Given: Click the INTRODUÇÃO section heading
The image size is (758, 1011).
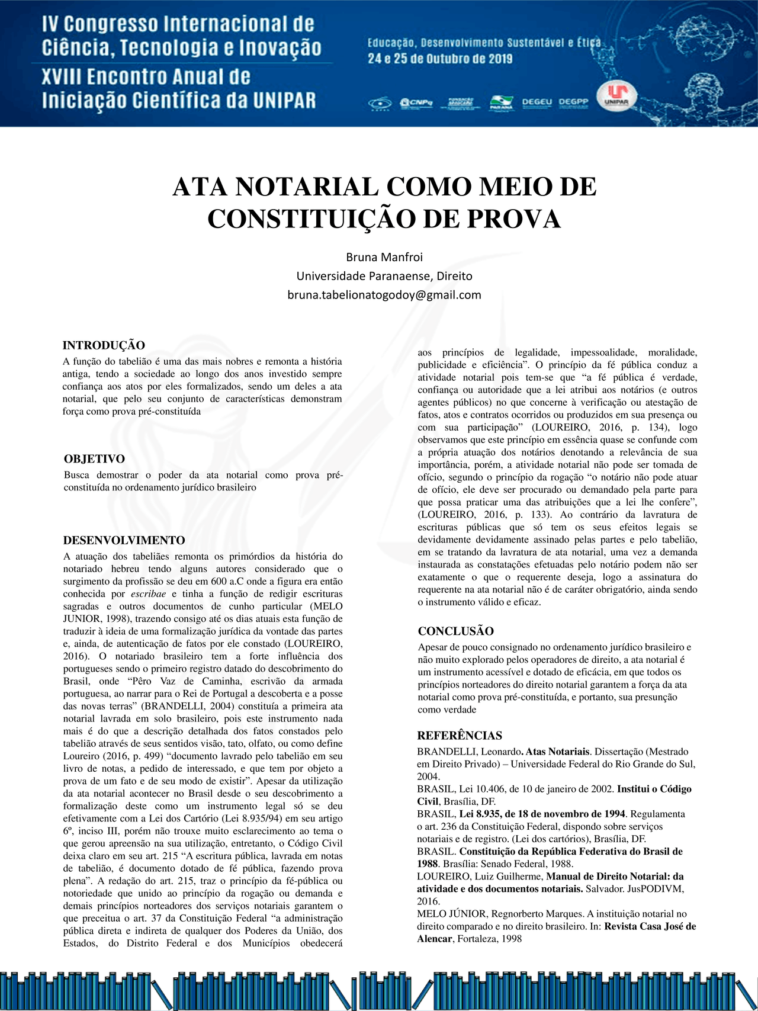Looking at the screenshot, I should coord(104,345).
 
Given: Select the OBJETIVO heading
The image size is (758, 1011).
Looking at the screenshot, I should coord(94,459).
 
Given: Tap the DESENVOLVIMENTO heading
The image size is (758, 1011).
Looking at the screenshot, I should coord(124,540).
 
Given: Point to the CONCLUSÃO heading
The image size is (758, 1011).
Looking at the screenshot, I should coord(455,631).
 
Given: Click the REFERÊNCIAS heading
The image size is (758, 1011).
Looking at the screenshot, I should coord(460,736).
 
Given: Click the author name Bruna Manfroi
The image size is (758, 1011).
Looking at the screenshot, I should coord(384,257).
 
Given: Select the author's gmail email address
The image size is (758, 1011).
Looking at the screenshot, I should coord(384,295).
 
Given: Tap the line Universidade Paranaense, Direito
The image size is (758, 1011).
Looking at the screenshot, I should coord(384,276).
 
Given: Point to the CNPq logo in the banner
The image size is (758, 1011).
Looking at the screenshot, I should coord(417,103).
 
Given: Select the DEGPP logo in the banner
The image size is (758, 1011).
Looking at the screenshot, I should coord(573,102).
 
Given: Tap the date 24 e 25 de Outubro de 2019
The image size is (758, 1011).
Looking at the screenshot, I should coord(440,59).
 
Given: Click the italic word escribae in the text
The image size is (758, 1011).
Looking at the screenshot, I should coord(148,593).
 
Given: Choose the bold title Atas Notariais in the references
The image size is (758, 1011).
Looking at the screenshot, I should coord(557,752).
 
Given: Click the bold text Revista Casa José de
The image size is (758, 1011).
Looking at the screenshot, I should coord(650,926).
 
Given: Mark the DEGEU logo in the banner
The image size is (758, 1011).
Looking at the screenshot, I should coord(537,102).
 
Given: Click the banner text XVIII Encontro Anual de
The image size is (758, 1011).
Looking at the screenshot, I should coord(146,77).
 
